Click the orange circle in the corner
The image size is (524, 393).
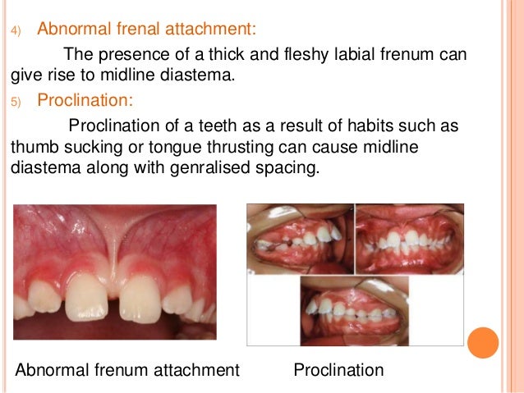tap(483, 343)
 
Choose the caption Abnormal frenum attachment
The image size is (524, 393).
tap(127, 370)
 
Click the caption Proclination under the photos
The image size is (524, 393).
tap(338, 370)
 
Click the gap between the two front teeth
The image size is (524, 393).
tap(114, 295)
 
